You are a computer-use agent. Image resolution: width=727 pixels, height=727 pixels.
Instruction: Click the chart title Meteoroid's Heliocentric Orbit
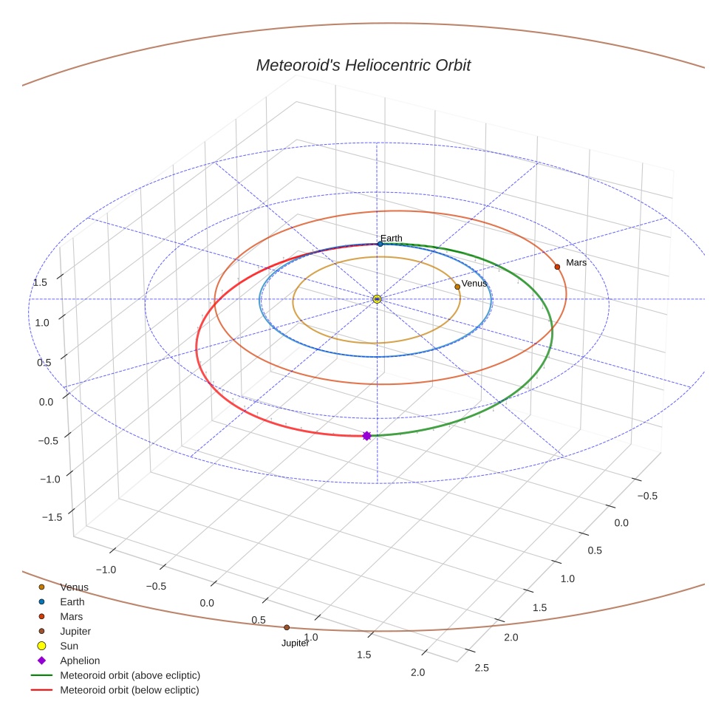[x=363, y=65]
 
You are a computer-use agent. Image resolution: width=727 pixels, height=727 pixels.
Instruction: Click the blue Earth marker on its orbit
[x=380, y=244]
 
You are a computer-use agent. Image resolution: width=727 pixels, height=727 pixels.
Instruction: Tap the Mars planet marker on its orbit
[x=557, y=267]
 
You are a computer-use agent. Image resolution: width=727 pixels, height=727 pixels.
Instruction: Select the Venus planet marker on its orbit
[x=457, y=287]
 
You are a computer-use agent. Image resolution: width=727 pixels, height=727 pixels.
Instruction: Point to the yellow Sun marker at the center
[x=377, y=298]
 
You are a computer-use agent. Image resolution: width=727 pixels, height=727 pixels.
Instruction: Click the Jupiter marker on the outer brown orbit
[x=287, y=627]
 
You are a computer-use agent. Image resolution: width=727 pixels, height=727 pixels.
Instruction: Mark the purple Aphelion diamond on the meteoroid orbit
[x=366, y=436]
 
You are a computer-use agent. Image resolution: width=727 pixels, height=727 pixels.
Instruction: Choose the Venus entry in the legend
[x=74, y=587]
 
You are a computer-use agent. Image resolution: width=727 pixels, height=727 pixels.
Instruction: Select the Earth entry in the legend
[x=72, y=602]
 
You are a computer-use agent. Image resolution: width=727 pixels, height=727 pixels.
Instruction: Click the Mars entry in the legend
[x=72, y=616]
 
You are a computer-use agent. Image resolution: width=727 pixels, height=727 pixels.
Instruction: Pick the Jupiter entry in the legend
[x=75, y=631]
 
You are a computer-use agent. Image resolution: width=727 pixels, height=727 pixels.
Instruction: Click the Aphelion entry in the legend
[x=80, y=661]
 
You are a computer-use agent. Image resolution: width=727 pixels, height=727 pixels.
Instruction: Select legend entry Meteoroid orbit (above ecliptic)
[x=130, y=675]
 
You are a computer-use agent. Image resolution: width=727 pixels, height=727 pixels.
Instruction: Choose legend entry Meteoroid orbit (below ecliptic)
[x=129, y=690]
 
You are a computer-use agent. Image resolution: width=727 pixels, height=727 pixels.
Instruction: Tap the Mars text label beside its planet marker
[x=576, y=262]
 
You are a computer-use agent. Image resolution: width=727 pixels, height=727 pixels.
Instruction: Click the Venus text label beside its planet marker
[x=474, y=284]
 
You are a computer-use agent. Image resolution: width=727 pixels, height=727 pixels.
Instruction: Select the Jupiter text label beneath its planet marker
[x=295, y=644]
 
